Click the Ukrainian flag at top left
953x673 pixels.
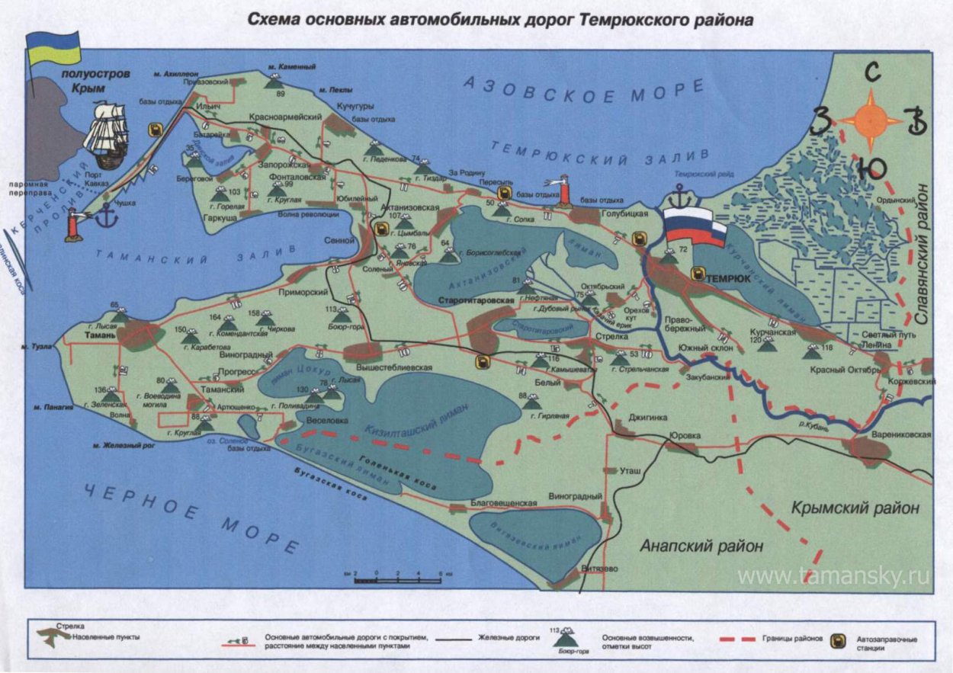[x=53, y=47]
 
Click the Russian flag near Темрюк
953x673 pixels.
[x=694, y=227]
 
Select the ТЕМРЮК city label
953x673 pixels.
[x=729, y=279]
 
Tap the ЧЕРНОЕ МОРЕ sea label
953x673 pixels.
[x=191, y=518]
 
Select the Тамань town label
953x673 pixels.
[x=100, y=335]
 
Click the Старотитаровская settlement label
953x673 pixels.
[x=477, y=301]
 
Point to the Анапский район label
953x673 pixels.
[x=701, y=546]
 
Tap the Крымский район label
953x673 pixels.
[x=855, y=508]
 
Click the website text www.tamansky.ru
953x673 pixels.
[x=833, y=577]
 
